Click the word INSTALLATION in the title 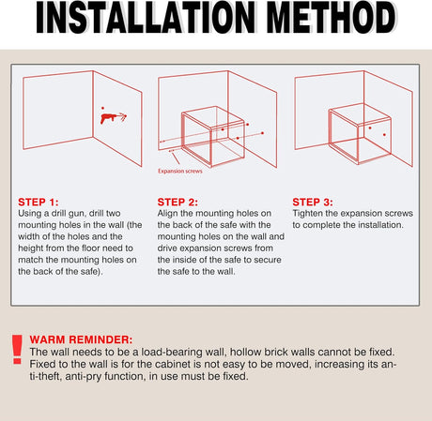[146, 18]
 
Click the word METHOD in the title [332, 18]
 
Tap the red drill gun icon [114, 118]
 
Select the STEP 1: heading [39, 202]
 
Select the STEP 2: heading [177, 202]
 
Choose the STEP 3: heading [313, 202]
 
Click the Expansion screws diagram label [180, 171]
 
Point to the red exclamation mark [17, 350]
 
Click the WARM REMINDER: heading [81, 339]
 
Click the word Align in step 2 [167, 213]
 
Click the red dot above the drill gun [102, 108]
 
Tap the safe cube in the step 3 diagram [360, 134]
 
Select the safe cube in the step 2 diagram [213, 137]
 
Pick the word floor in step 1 [91, 248]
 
